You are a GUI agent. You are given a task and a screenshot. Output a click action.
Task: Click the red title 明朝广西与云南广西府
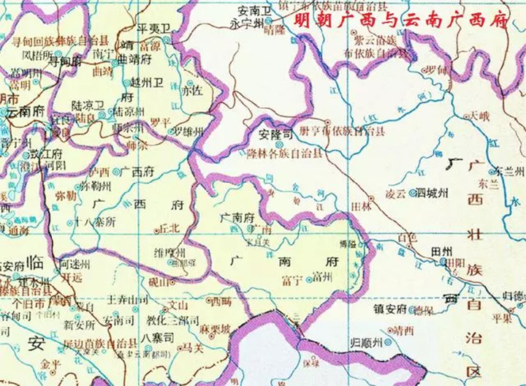pyautogui.click(x=400, y=20)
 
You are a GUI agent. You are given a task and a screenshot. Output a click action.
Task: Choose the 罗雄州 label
pyautogui.click(x=187, y=132)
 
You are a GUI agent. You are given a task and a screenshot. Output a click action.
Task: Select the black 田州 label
pyautogui.click(x=443, y=251)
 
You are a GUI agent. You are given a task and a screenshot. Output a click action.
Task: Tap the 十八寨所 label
pyautogui.click(x=95, y=221)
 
